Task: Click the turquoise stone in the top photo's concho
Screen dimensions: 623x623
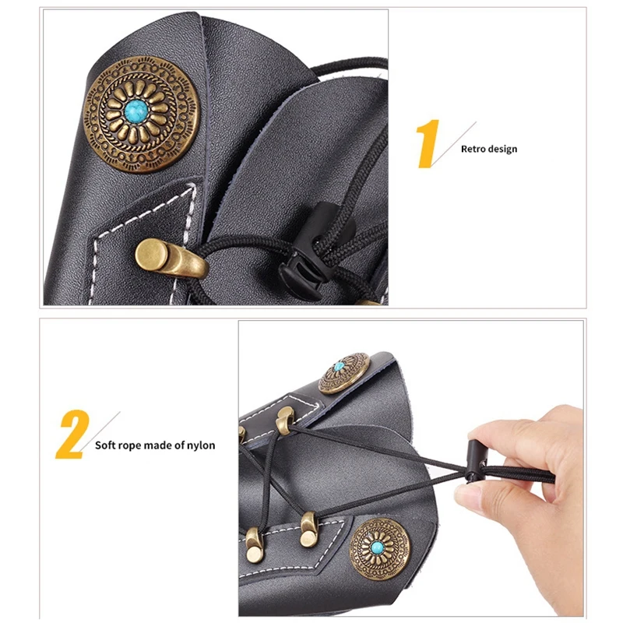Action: [x=136, y=111]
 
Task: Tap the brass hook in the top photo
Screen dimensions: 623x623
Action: [x=171, y=259]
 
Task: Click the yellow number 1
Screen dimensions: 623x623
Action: [x=428, y=143]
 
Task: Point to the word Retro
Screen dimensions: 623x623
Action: [x=473, y=149]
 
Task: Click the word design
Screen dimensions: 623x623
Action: [x=503, y=150]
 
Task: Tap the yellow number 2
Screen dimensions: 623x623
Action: [x=72, y=435]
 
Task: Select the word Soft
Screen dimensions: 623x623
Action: [x=104, y=445]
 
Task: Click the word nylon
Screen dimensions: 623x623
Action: [x=201, y=445]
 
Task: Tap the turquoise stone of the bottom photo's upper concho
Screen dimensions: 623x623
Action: [x=339, y=366]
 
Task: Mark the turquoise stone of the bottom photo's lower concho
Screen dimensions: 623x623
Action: [x=377, y=548]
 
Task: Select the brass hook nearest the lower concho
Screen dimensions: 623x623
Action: [x=308, y=530]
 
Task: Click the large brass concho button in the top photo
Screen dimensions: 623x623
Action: [x=141, y=114]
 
